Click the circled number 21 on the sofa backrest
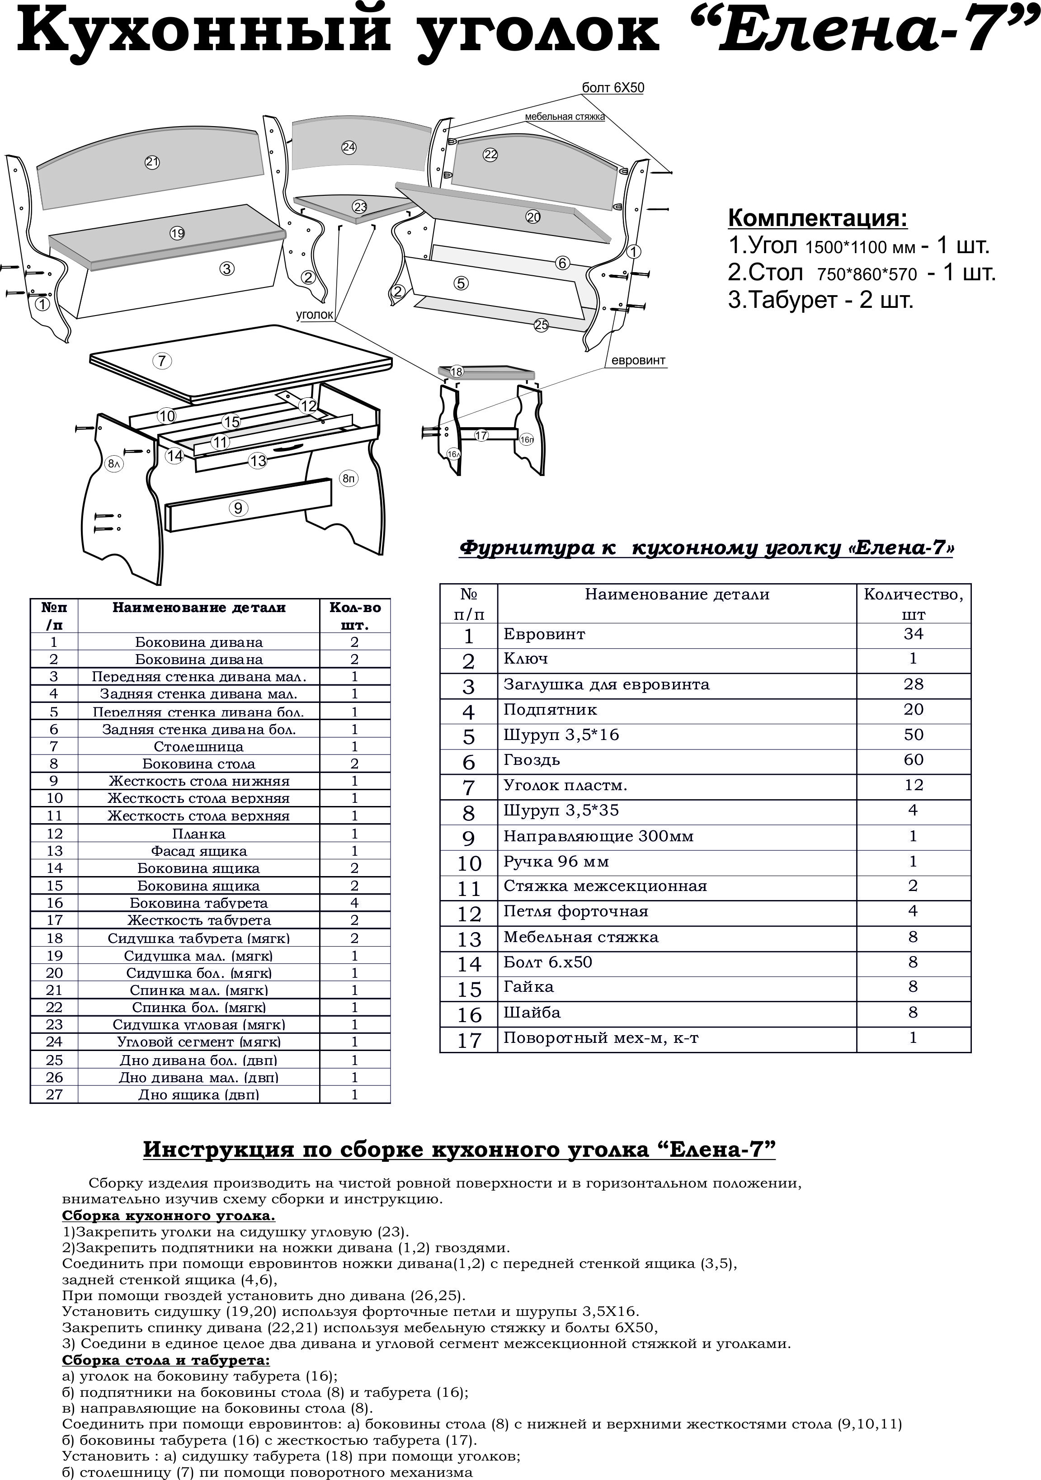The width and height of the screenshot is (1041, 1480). (x=152, y=162)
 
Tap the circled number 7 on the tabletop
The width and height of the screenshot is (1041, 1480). (x=162, y=361)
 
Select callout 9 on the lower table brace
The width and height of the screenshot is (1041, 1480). (x=238, y=509)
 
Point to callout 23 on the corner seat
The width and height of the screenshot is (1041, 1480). (x=360, y=207)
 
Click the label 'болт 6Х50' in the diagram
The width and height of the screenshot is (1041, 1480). (x=612, y=88)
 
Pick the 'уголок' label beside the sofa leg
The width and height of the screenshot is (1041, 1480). (x=315, y=315)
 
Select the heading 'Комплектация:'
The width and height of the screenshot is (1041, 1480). (x=817, y=218)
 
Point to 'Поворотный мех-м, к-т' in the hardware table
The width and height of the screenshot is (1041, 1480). (x=601, y=1038)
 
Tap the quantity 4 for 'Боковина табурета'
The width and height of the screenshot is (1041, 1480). (x=354, y=903)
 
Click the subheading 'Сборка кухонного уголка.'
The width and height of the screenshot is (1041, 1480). (x=168, y=1216)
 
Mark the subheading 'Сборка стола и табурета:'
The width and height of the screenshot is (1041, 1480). (x=165, y=1361)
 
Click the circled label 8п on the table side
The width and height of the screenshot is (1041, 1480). (x=349, y=478)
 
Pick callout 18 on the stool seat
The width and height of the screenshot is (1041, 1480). (x=457, y=372)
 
